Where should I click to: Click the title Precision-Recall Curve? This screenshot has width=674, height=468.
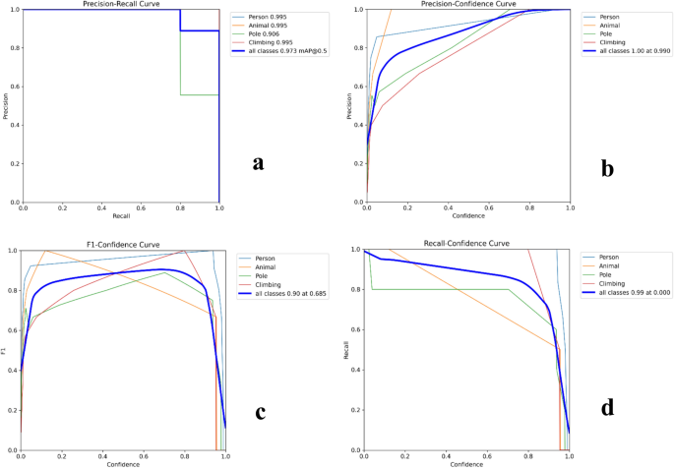(x=120, y=5)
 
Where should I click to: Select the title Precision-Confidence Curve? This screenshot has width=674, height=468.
(x=467, y=5)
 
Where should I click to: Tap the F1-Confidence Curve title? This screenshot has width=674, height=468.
(x=122, y=245)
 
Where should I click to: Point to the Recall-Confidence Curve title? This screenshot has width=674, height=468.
(x=466, y=245)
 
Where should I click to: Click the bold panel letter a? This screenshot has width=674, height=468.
(x=258, y=162)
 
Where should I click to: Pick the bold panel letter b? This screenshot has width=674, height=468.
(x=608, y=169)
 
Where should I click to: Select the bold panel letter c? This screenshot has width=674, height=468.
(x=261, y=411)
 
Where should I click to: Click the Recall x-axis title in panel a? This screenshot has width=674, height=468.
(x=120, y=216)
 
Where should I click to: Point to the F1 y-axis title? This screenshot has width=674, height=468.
(x=5, y=351)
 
